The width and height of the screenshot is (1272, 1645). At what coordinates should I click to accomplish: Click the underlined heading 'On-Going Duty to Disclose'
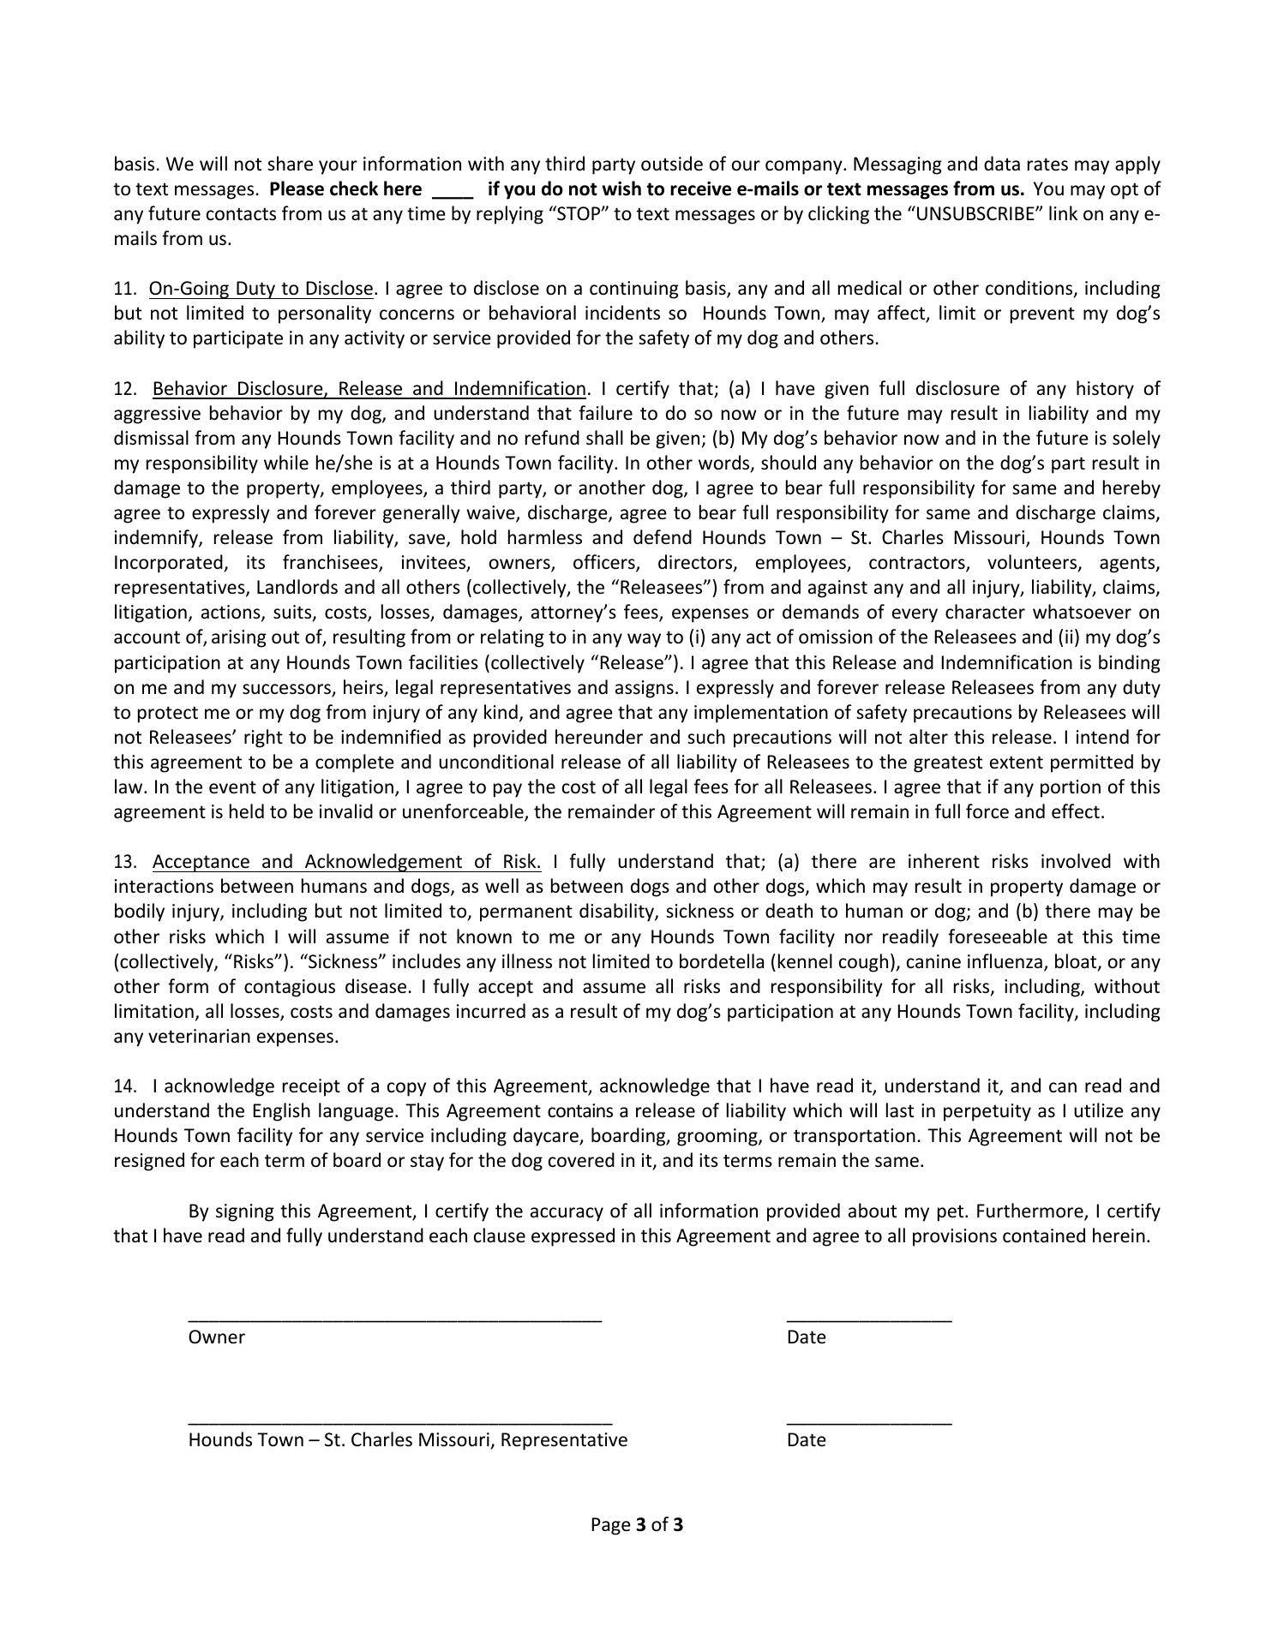pos(261,289)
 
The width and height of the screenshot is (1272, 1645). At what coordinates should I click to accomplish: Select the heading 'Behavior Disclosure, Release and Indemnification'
pos(369,389)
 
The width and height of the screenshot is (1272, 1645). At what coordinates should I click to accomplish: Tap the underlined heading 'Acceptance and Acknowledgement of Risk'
pos(346,862)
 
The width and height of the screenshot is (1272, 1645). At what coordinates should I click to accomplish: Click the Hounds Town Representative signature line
pos(400,1423)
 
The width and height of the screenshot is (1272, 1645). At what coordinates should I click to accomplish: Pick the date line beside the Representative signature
pos(869,1423)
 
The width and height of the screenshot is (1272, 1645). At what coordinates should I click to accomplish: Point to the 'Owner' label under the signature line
pos(217,1337)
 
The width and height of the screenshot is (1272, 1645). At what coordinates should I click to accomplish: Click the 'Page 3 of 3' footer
pos(637,1524)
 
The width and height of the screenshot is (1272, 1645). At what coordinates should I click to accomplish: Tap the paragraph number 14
pos(125,1086)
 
